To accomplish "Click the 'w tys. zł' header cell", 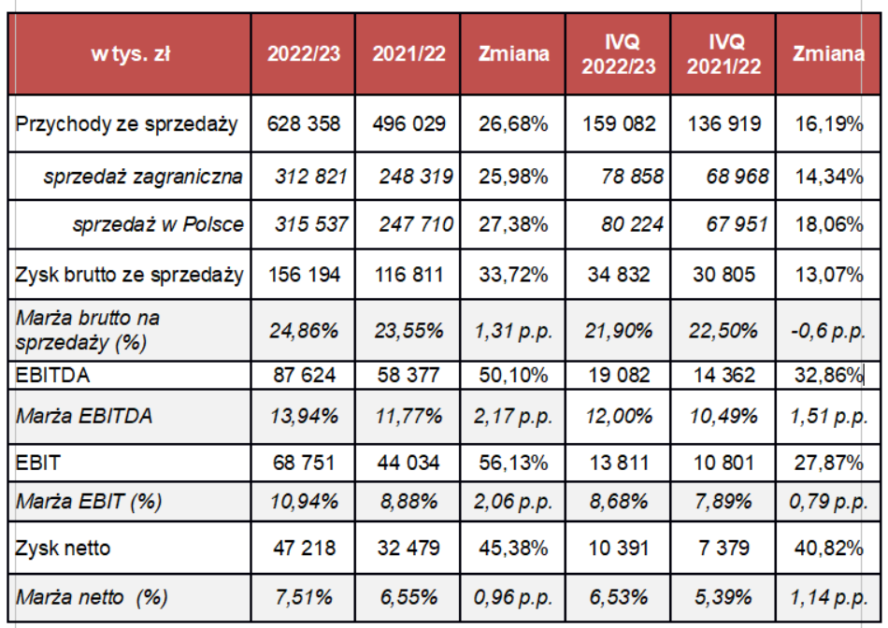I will (x=130, y=53).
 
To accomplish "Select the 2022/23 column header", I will (x=304, y=53).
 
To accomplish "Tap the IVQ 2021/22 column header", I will (x=723, y=53).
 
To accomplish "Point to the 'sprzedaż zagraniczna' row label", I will (x=143, y=176).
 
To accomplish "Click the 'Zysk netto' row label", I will (x=63, y=548).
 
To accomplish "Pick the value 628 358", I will (x=304, y=123).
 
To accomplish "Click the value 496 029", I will (x=408, y=123).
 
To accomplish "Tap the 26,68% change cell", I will (x=513, y=123).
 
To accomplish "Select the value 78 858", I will (x=619, y=176).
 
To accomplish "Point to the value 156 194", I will (x=304, y=275).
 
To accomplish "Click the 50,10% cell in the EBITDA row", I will (x=513, y=376).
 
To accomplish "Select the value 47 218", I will (x=304, y=548).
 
